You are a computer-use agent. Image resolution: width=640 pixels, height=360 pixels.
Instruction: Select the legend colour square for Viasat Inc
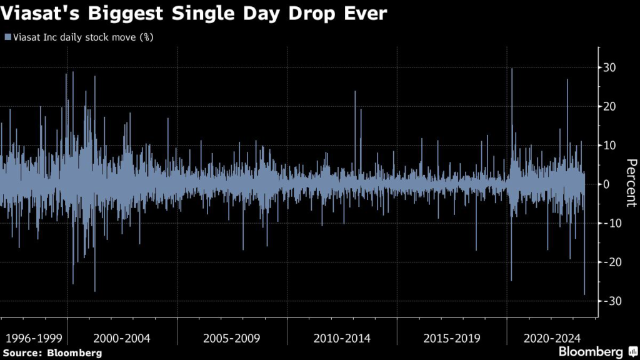tap(7, 37)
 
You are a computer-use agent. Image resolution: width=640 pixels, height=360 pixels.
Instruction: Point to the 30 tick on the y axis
tap(612, 67)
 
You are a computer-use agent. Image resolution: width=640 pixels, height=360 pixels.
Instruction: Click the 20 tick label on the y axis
tap(612, 106)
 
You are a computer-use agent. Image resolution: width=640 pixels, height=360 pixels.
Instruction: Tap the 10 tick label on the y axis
tap(612, 145)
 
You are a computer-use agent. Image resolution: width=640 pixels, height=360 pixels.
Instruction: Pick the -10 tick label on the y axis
tap(611, 223)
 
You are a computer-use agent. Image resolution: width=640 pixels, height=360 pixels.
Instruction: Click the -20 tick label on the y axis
tap(611, 262)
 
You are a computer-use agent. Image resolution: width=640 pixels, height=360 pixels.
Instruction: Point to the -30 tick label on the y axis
tap(611, 301)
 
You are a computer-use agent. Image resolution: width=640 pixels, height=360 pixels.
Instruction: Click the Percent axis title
tap(631, 183)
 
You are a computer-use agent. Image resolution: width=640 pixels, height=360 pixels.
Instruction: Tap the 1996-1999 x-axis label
tap(33, 338)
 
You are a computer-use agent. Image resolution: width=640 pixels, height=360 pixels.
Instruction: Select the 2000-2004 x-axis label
tap(122, 338)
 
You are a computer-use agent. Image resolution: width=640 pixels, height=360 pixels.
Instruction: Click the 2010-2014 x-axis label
tap(342, 338)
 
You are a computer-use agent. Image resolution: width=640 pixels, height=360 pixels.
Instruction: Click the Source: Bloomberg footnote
tap(52, 353)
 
